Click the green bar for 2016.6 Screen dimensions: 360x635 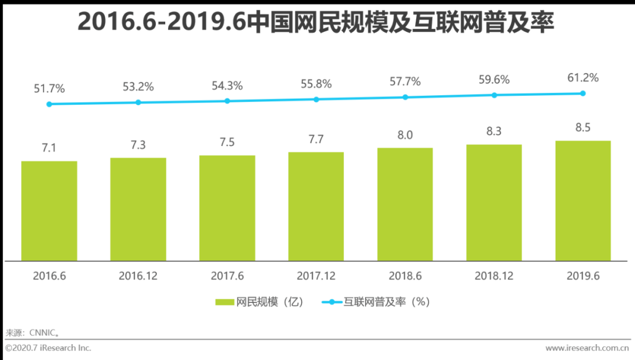[49, 211]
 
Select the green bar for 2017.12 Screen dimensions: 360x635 [316, 206]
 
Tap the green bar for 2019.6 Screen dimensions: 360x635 [583, 201]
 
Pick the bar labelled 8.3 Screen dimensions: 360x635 [494, 202]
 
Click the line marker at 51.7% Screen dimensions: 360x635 [49, 104]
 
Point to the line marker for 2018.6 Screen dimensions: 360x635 [405, 97]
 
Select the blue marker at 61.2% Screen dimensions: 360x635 [583, 93]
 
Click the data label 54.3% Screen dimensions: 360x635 [227, 86]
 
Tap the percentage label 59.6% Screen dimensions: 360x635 [494, 79]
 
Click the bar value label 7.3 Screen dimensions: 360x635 [138, 145]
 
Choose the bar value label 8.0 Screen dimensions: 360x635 [405, 135]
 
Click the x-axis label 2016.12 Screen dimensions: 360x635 [138, 275]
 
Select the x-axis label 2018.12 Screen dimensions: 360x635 [494, 275]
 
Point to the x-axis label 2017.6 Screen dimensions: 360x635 [227, 275]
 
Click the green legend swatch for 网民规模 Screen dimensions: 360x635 [225, 302]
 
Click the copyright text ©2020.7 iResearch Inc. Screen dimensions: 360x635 [48, 348]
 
